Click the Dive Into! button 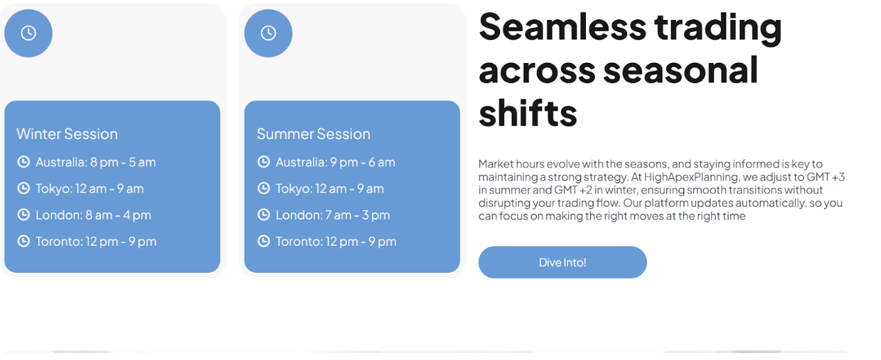(562, 262)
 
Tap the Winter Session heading (67, 134)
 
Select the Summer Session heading (314, 134)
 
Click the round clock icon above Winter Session (28, 33)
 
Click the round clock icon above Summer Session (268, 33)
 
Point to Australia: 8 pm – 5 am (96, 162)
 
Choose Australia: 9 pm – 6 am (335, 162)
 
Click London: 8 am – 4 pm (94, 215)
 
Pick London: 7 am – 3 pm (332, 215)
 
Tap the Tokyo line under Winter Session (89, 188)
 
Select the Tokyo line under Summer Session (330, 188)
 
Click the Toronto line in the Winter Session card (96, 242)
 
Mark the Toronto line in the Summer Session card (336, 242)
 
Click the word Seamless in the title (562, 27)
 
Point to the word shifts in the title (528, 113)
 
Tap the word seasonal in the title (680, 70)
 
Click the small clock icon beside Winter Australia (24, 161)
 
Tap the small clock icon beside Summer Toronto (263, 241)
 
